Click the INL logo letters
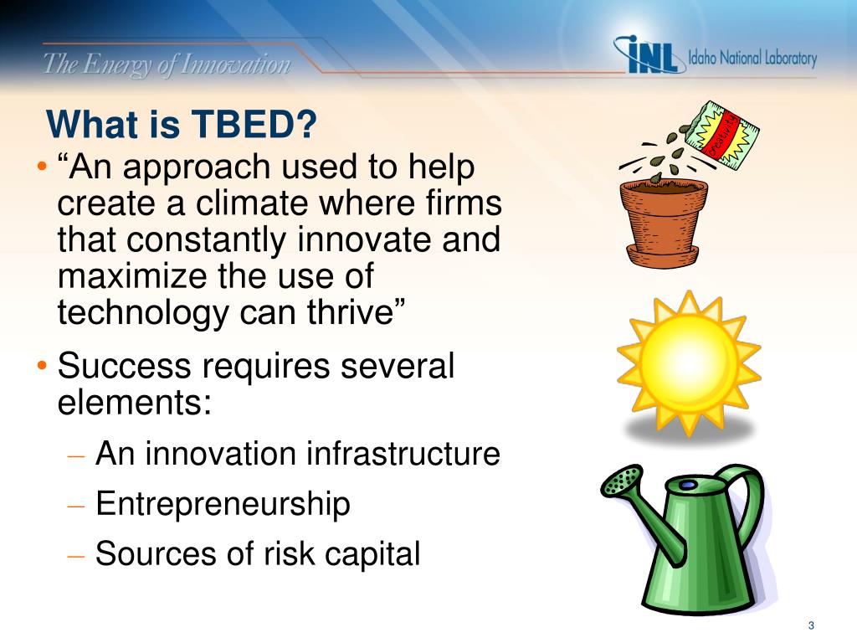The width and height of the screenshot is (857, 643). pyautogui.click(x=650, y=54)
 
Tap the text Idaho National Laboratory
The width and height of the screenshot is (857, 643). pyautogui.click(x=752, y=58)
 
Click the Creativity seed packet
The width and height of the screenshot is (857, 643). pyautogui.click(x=722, y=135)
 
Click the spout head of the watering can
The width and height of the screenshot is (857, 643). pyautogui.click(x=622, y=481)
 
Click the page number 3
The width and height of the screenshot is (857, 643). pyautogui.click(x=811, y=625)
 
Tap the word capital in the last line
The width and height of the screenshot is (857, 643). pyautogui.click(x=372, y=555)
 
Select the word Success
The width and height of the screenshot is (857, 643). pyautogui.click(x=124, y=366)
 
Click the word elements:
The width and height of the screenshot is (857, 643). pyautogui.click(x=135, y=403)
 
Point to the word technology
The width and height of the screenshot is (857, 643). pyautogui.click(x=143, y=314)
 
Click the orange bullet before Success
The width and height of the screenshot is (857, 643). pyautogui.click(x=43, y=365)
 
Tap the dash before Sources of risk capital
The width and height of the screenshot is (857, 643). pyautogui.click(x=76, y=557)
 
